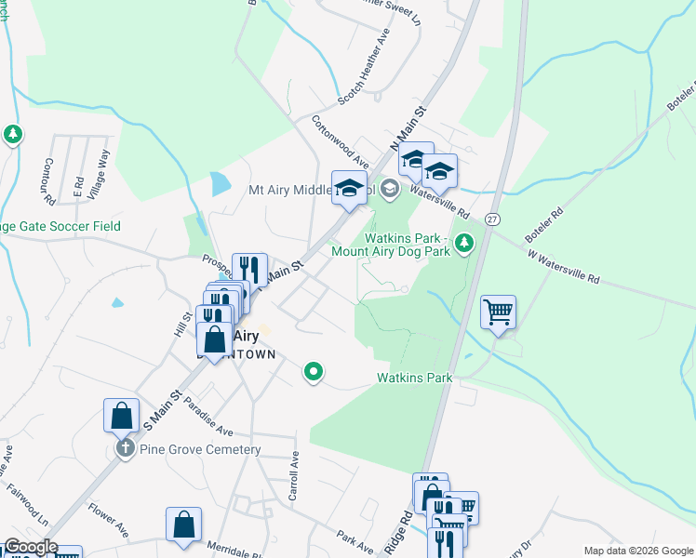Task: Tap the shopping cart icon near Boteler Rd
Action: pos(499,312)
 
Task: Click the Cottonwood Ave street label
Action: pos(340,142)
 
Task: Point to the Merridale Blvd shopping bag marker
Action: pos(183,524)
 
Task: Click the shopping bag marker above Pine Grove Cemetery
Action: pos(122,415)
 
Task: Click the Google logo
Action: pos(30,547)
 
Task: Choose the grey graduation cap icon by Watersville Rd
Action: pos(389,190)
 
